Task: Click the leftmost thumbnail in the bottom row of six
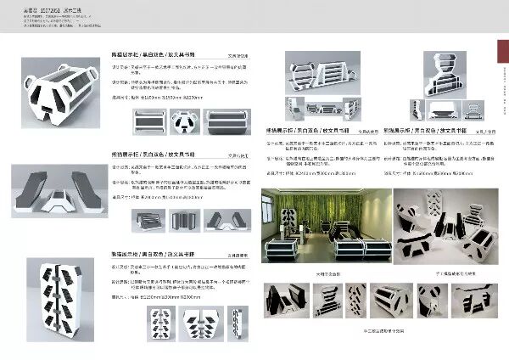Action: click(286, 302)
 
